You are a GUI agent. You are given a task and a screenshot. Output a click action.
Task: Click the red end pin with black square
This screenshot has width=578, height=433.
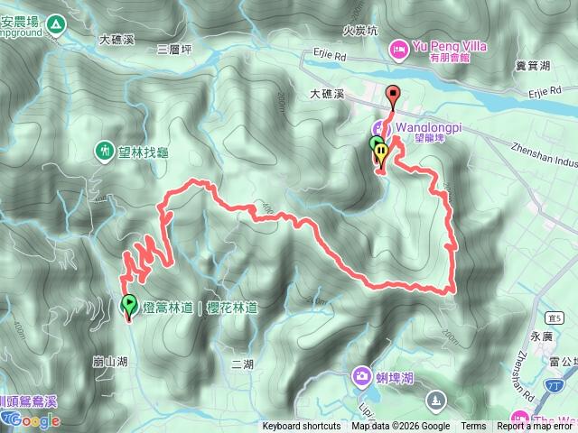click(x=392, y=93)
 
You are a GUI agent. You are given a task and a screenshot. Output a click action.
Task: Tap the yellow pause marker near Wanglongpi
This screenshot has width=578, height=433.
click(x=381, y=152)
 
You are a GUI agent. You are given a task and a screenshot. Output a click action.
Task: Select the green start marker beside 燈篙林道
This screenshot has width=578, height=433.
click(x=128, y=305)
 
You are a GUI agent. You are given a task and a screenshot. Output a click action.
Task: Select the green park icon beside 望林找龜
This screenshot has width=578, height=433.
click(x=104, y=151)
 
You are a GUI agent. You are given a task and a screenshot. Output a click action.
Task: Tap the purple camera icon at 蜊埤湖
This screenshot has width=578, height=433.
click(x=361, y=374)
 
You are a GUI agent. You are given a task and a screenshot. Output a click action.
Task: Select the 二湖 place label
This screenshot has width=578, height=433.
click(x=242, y=364)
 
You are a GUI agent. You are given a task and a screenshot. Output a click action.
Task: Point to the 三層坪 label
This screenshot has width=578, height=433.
click(x=175, y=48)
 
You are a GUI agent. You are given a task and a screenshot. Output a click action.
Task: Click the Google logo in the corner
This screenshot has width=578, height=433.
click(x=31, y=420)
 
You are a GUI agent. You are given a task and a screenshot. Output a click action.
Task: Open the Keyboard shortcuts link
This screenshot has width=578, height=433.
click(x=302, y=427)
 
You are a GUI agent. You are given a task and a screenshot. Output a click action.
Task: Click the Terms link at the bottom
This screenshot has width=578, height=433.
click(x=473, y=427)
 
